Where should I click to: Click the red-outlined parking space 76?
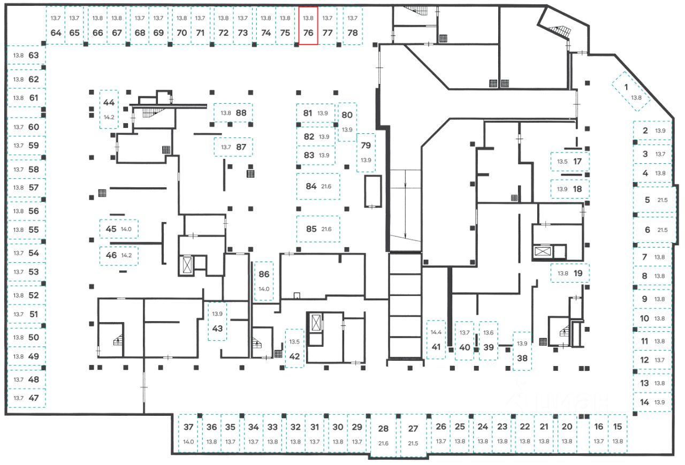308,26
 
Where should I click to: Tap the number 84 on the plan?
311,186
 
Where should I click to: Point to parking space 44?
109,109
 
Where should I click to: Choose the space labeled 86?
264,281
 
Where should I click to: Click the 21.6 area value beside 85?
326,230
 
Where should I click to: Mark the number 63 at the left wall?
34,55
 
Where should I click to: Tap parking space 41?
436,340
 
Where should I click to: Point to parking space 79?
366,152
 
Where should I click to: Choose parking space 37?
188,433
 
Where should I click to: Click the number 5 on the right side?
647,200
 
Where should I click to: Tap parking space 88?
233,113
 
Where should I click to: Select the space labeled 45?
119,229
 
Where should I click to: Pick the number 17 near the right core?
577,161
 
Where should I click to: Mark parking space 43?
217,322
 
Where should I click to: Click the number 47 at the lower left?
34,398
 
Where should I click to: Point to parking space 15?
618,433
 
